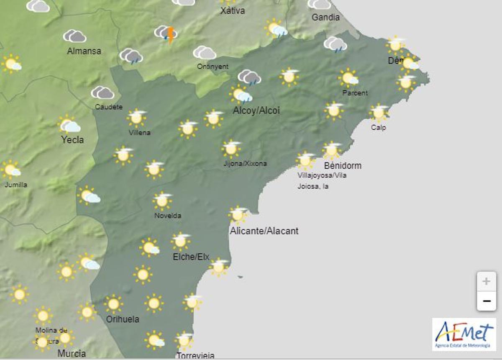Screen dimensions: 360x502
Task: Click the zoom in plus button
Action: click(486, 281)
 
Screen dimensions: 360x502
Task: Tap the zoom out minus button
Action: click(486, 301)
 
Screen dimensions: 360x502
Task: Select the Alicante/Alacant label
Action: click(264, 231)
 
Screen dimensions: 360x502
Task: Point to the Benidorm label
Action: click(343, 165)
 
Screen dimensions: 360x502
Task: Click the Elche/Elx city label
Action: click(191, 257)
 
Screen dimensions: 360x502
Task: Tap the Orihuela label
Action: click(123, 319)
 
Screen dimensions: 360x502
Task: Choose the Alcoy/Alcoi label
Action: click(256, 111)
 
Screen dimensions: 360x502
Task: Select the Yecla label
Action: click(72, 140)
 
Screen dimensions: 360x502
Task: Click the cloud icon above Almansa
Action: click(74, 36)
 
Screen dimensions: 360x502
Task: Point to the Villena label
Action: click(140, 133)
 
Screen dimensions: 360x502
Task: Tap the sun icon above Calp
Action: click(379, 112)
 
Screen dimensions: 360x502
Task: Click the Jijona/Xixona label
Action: click(245, 164)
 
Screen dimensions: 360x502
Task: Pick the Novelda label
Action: click(168, 216)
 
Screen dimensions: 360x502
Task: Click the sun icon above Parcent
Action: click(348, 78)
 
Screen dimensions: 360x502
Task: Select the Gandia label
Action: click(326, 18)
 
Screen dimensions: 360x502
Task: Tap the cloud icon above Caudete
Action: click(102, 93)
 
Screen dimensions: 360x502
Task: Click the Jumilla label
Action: click(16, 185)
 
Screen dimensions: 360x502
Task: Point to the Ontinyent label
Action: click(213, 66)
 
